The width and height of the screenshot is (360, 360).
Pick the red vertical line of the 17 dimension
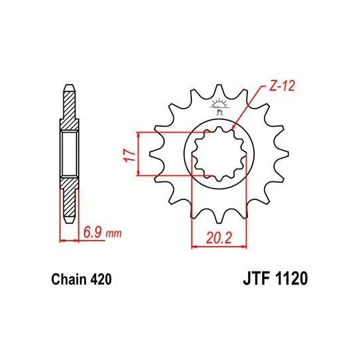tap(138, 155)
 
